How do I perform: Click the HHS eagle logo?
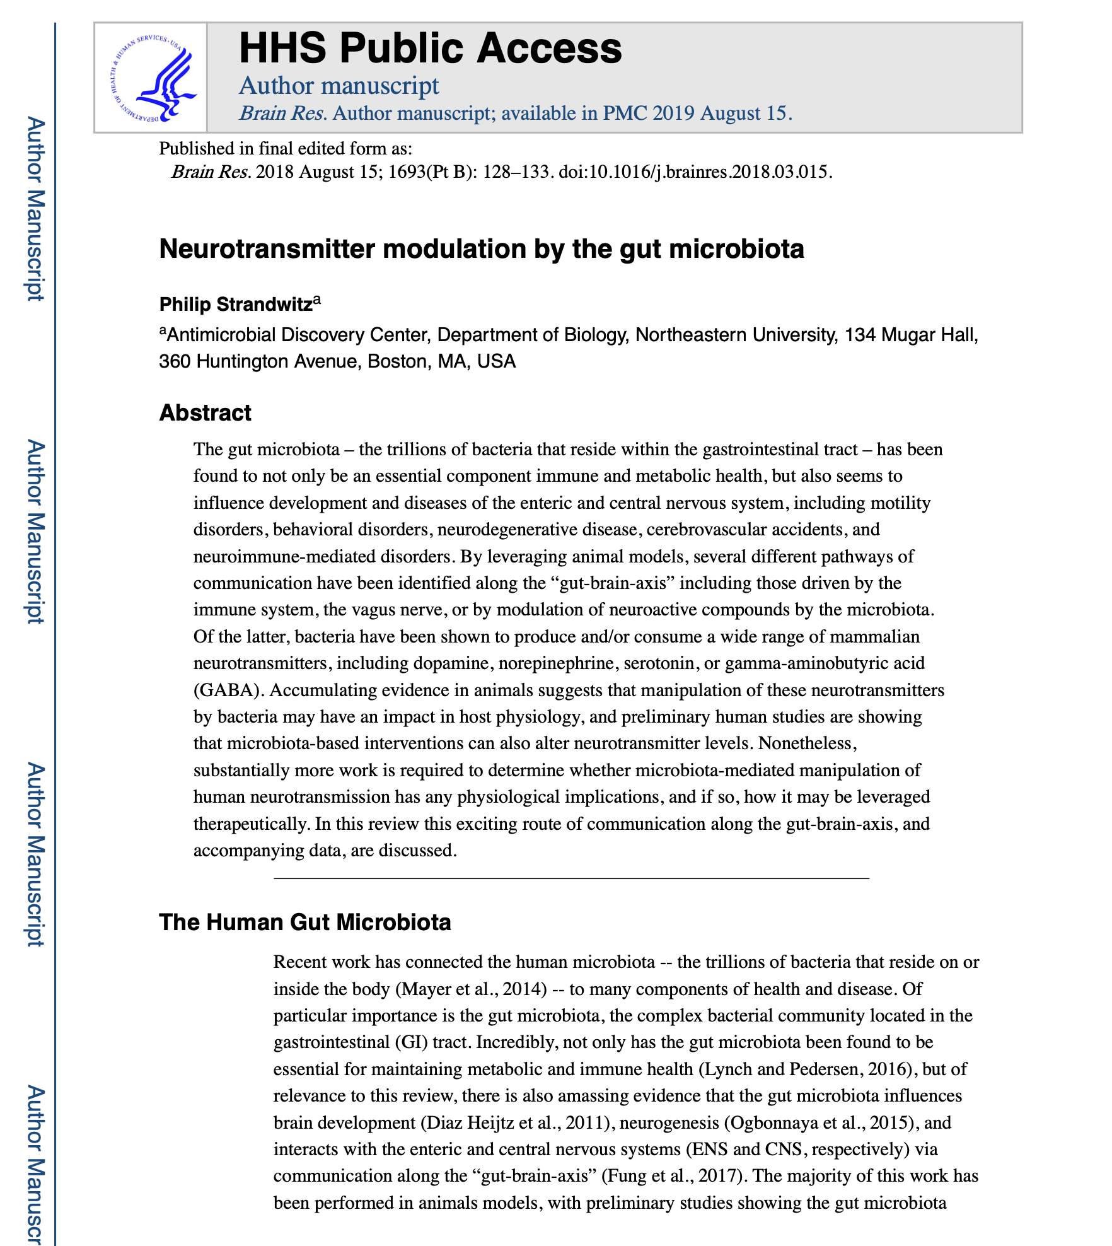click(x=151, y=78)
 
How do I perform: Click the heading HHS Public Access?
click(x=431, y=49)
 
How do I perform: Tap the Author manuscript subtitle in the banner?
click(x=339, y=86)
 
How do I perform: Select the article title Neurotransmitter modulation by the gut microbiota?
click(x=482, y=249)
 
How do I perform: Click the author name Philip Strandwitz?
click(x=236, y=305)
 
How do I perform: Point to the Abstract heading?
click(x=205, y=413)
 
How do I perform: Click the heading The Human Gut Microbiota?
click(x=305, y=922)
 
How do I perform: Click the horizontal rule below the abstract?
click(x=571, y=878)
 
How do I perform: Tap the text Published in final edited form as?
click(x=286, y=149)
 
